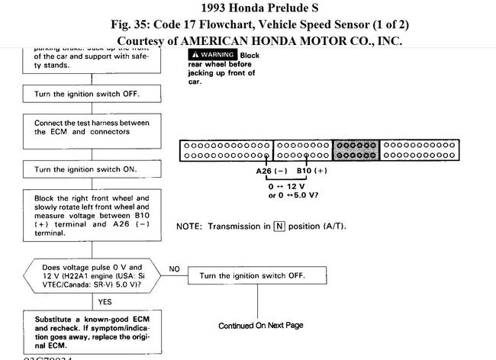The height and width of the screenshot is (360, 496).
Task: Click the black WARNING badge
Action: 212,55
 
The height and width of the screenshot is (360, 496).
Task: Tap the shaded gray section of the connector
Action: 356,150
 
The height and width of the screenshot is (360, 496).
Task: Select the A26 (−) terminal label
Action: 271,171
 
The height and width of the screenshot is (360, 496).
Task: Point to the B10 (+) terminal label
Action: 311,171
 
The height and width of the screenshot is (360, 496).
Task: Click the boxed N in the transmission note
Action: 279,227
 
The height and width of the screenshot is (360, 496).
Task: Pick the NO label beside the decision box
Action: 175,269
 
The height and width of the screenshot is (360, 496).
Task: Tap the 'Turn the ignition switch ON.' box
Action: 92,169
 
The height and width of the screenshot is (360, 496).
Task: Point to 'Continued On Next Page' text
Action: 260,326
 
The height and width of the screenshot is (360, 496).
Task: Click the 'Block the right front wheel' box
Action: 92,216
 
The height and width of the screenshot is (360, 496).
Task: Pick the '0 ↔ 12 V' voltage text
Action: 288,186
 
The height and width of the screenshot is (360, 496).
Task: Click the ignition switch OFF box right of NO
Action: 252,275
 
